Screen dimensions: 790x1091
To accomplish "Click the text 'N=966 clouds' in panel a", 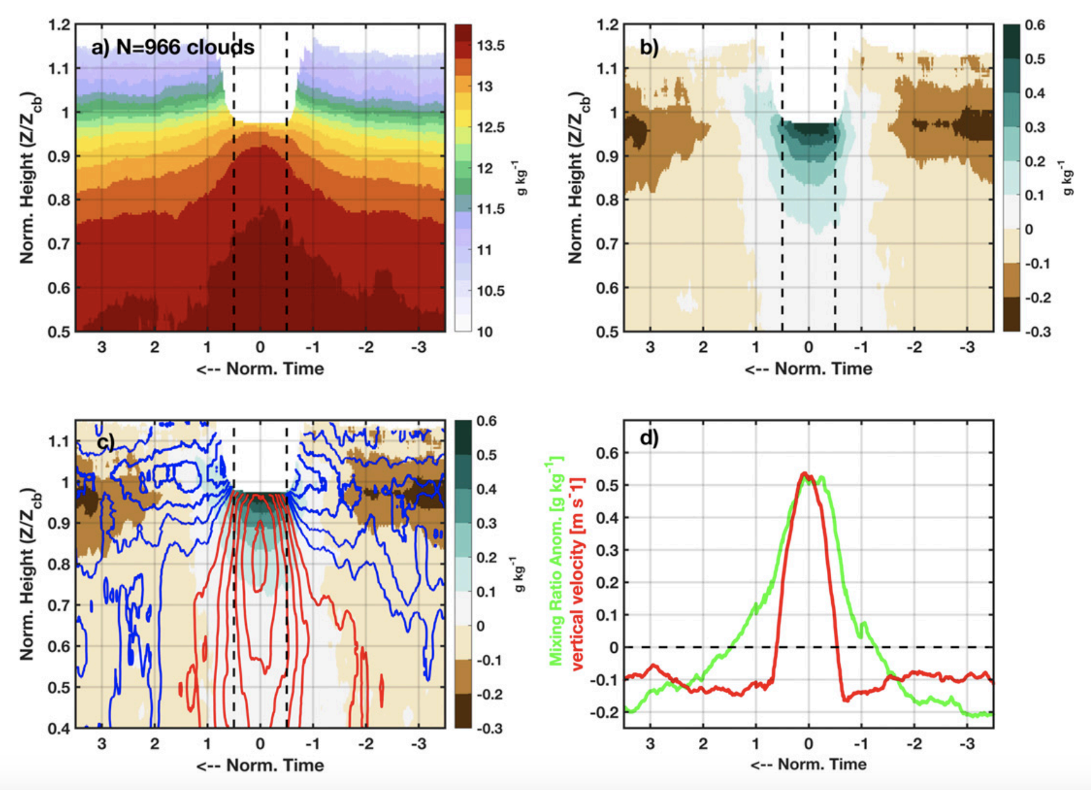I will coord(186,48).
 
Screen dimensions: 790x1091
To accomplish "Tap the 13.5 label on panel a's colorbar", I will coord(490,46).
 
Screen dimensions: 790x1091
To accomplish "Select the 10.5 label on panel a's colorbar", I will coord(490,291).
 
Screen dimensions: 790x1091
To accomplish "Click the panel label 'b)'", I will coord(649,48).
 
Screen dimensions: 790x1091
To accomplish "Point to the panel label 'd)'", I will coord(649,438).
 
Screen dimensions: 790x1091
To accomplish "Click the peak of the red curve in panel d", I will coord(805,474).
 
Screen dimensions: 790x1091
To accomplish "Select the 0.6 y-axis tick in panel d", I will coord(607,453).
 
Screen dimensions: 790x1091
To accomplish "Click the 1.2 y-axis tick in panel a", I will coord(59,25).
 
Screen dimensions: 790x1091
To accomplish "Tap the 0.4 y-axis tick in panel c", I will coord(59,728).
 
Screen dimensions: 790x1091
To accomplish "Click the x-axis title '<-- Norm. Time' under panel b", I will coord(808,369).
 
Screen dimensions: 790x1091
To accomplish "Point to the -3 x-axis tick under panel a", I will coord(419,347).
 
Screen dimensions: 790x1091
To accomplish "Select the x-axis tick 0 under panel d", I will coord(808,744).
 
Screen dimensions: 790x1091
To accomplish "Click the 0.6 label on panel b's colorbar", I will coord(1035,25).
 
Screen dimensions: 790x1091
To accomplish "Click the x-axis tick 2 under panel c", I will coord(155,744).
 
